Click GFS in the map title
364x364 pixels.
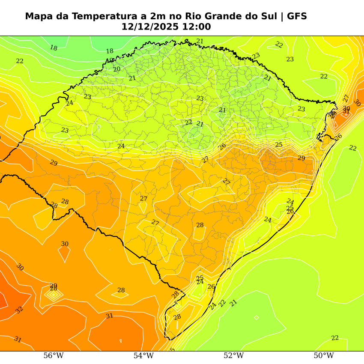tap(297, 16)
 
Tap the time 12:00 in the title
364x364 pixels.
tap(197, 27)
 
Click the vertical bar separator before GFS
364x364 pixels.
tap(282, 16)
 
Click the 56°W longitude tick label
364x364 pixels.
tap(54, 356)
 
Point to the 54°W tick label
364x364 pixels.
tap(143, 356)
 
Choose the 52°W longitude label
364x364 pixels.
tap(233, 356)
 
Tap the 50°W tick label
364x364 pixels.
tap(324, 356)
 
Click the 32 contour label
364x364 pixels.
tap(19, 310)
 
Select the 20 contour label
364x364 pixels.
tap(117, 69)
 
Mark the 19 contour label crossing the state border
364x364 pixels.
tap(110, 60)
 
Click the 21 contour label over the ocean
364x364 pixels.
tap(233, 303)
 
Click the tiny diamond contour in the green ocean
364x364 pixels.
tap(257, 317)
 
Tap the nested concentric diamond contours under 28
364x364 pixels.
tap(54, 295)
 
